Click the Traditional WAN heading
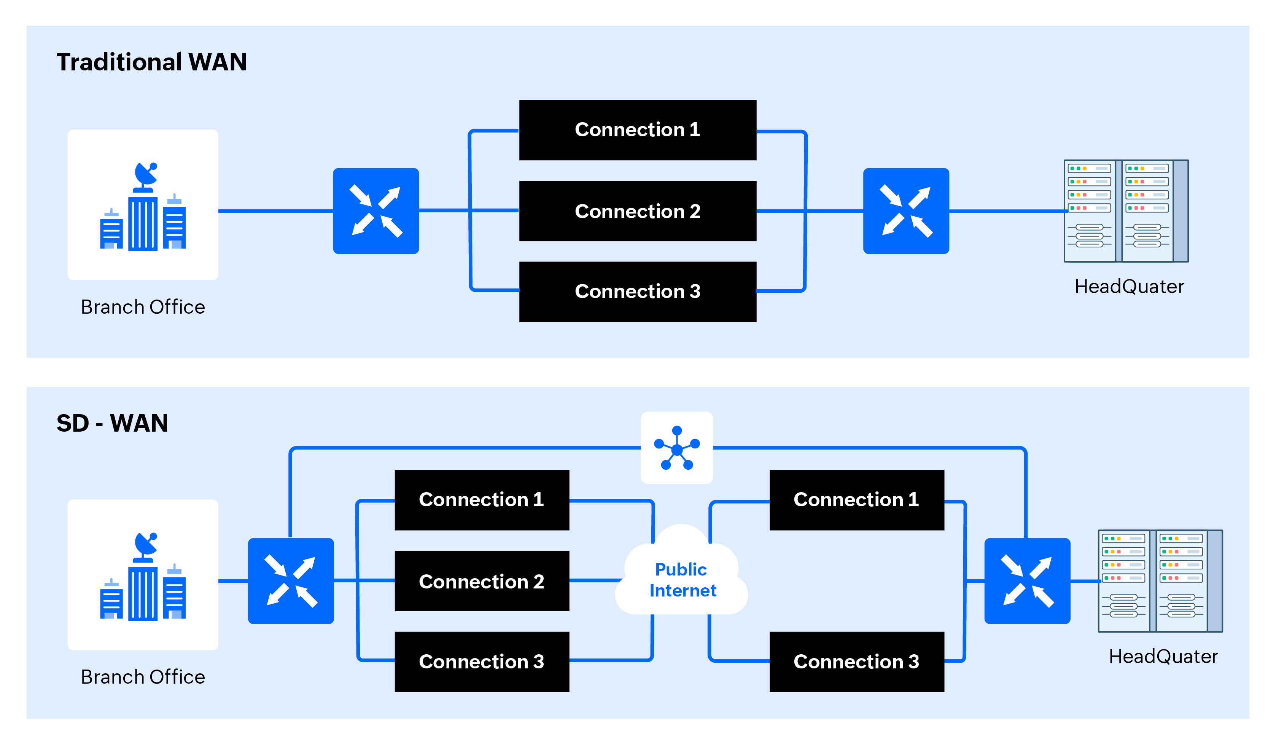click(151, 62)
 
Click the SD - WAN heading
click(112, 423)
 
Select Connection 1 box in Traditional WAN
click(638, 130)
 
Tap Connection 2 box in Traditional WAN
click(638, 211)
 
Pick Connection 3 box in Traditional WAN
click(638, 291)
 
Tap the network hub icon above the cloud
click(676, 448)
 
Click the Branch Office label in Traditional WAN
click(143, 307)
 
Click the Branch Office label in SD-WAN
click(143, 677)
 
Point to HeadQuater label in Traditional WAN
click(1129, 287)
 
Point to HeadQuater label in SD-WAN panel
click(1163, 656)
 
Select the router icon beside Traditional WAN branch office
click(376, 211)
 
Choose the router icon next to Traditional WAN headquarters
click(906, 211)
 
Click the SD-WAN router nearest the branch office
click(291, 581)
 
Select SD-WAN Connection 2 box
click(482, 581)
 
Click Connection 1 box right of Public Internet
click(856, 500)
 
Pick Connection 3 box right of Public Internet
click(856, 662)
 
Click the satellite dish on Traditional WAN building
click(146, 174)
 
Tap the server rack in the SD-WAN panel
click(1160, 581)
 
